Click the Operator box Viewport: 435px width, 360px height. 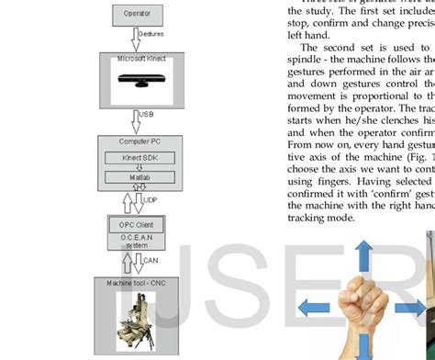tap(138, 14)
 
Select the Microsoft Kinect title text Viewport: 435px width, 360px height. tap(138, 59)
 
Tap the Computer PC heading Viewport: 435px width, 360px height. tap(138, 142)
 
